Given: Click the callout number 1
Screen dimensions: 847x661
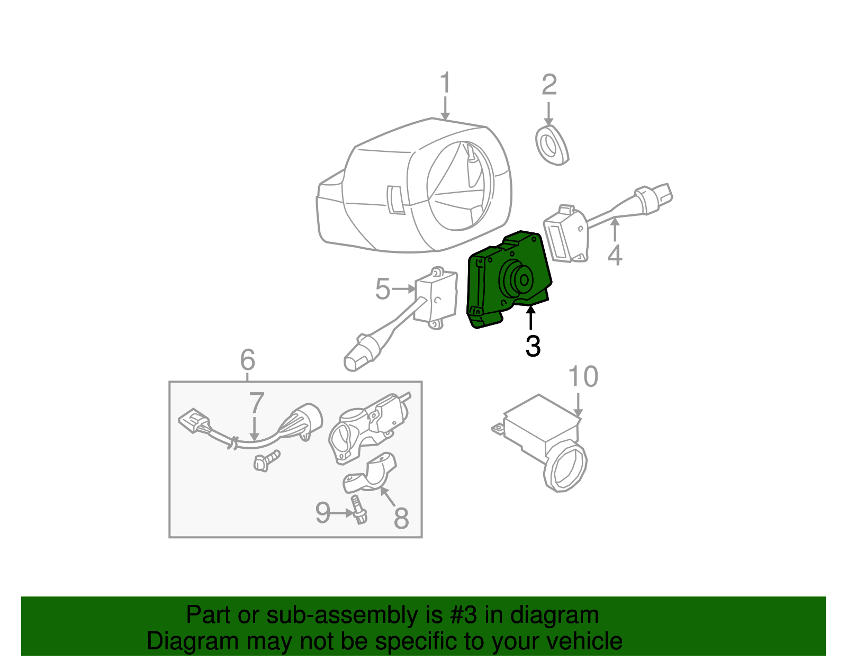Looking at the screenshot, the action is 445,82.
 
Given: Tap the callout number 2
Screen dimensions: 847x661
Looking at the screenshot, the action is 549,85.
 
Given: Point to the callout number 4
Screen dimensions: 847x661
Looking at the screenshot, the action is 615,256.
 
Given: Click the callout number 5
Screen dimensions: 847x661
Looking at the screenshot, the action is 382,288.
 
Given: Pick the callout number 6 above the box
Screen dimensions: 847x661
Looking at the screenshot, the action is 248,359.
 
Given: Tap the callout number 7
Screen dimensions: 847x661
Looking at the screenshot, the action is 257,403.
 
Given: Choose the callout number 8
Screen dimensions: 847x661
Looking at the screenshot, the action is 401,518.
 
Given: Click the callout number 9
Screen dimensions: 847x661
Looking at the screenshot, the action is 323,513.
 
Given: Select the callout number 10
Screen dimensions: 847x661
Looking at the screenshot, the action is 583,377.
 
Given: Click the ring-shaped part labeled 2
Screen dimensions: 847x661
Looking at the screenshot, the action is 552,145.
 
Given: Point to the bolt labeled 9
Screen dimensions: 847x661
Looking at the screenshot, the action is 358,509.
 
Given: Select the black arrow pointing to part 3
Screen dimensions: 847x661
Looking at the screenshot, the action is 530,318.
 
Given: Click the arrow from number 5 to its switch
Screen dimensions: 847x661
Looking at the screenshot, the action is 403,288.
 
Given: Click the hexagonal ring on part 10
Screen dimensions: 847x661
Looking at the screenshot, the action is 565,466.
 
